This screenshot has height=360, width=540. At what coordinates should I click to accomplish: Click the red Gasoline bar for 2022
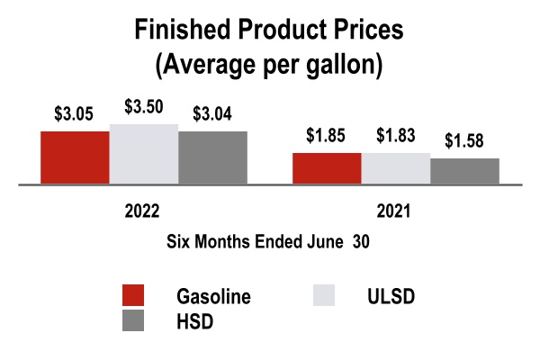coord(75,157)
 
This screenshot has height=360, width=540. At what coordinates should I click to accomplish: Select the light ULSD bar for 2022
coord(144,154)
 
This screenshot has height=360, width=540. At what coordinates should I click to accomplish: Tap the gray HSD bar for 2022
coord(212,157)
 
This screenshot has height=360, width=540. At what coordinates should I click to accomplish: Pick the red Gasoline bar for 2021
coord(327,168)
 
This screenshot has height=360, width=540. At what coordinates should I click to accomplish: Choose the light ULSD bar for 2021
coord(396,168)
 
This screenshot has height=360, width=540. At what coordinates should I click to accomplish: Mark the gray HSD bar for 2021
coord(464,171)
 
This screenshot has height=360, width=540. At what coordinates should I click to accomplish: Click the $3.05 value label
coord(73,116)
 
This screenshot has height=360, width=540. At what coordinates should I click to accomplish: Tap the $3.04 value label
coord(212,114)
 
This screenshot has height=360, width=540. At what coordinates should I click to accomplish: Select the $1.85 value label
coord(326,136)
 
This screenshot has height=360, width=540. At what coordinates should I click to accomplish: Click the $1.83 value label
coord(396,136)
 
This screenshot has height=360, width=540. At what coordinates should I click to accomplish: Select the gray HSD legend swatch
coord(132,320)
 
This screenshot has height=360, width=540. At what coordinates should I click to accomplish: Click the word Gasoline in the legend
coord(213,297)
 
